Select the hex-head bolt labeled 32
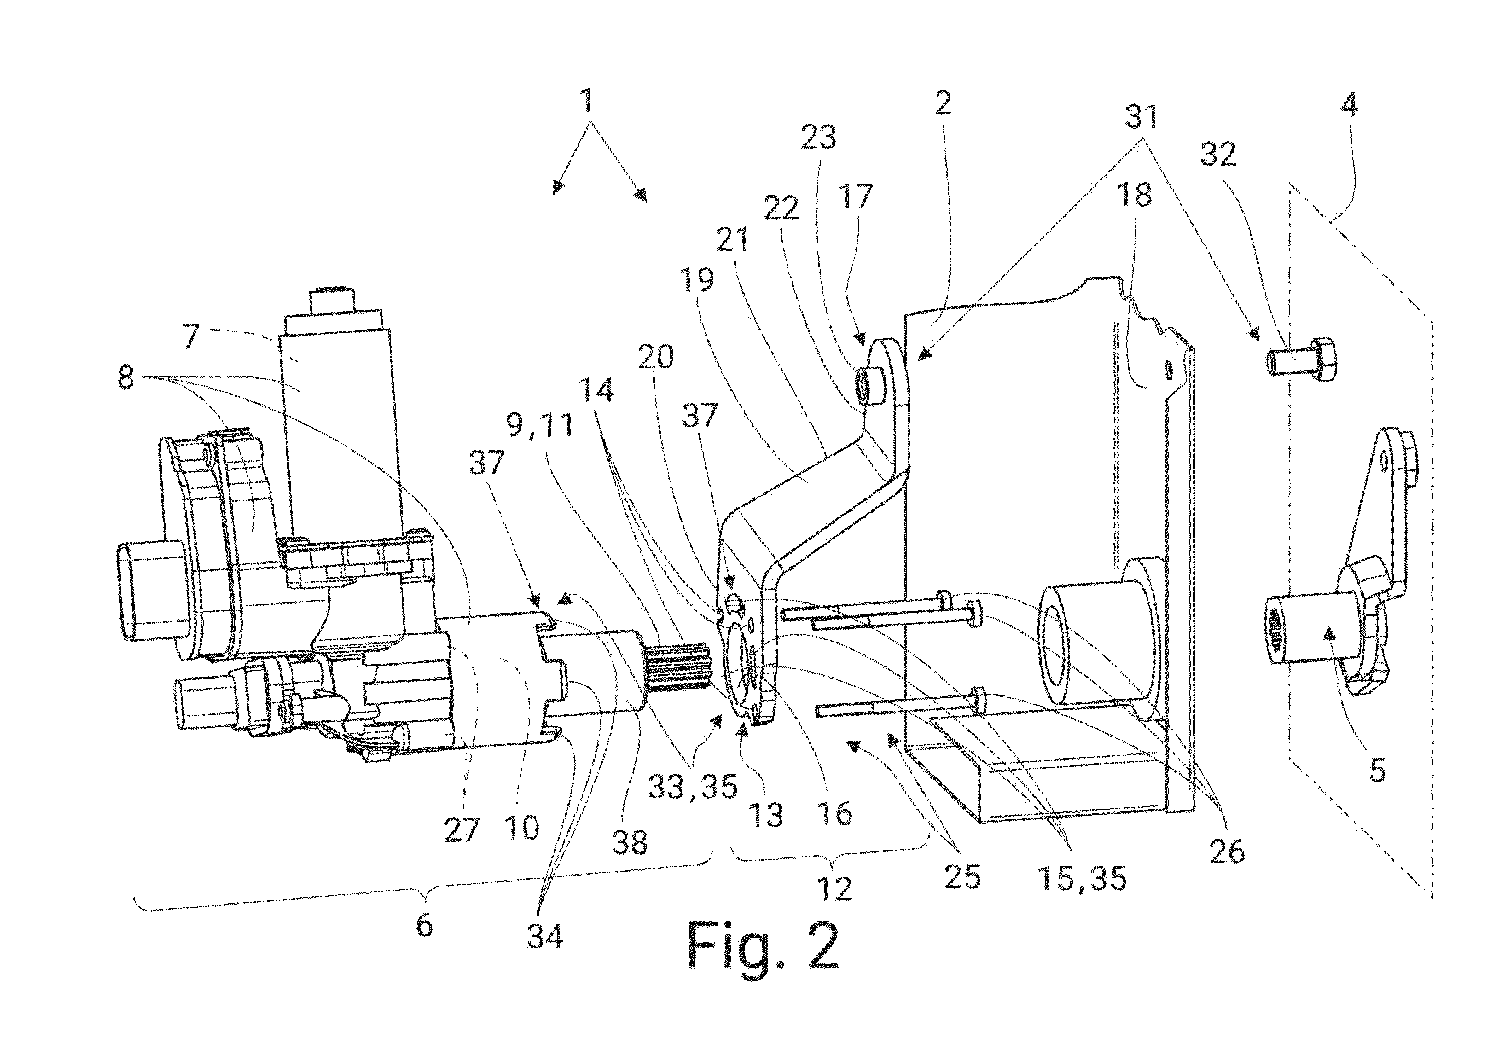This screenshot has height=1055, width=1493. pyautogui.click(x=1300, y=361)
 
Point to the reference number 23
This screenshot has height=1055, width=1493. pyautogui.click(x=818, y=137)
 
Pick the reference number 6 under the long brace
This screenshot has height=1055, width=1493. pyautogui.click(x=424, y=924)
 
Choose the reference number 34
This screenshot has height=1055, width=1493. pyautogui.click(x=545, y=937)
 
